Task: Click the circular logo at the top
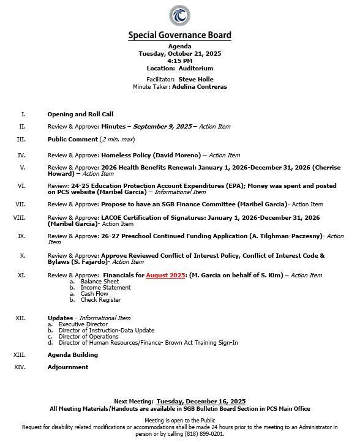(179, 15)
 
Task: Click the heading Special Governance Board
(179, 36)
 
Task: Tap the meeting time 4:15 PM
(179, 61)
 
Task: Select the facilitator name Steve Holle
(196, 80)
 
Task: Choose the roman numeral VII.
(20, 204)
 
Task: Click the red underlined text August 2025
(165, 275)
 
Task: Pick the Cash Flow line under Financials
(94, 294)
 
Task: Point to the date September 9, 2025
(162, 127)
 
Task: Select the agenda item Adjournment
(67, 367)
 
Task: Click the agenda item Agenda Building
(72, 355)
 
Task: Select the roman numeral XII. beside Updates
(20, 318)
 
